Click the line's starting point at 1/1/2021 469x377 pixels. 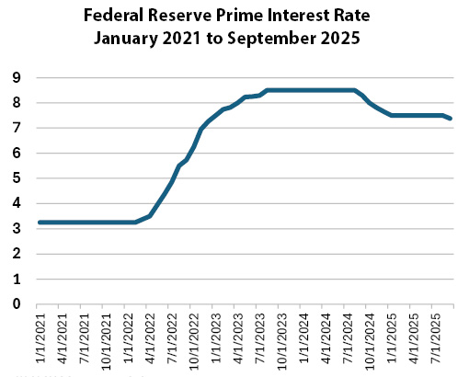pos(38,223)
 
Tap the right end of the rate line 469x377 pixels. pos(451,119)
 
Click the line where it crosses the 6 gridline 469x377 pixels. pos(192,154)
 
